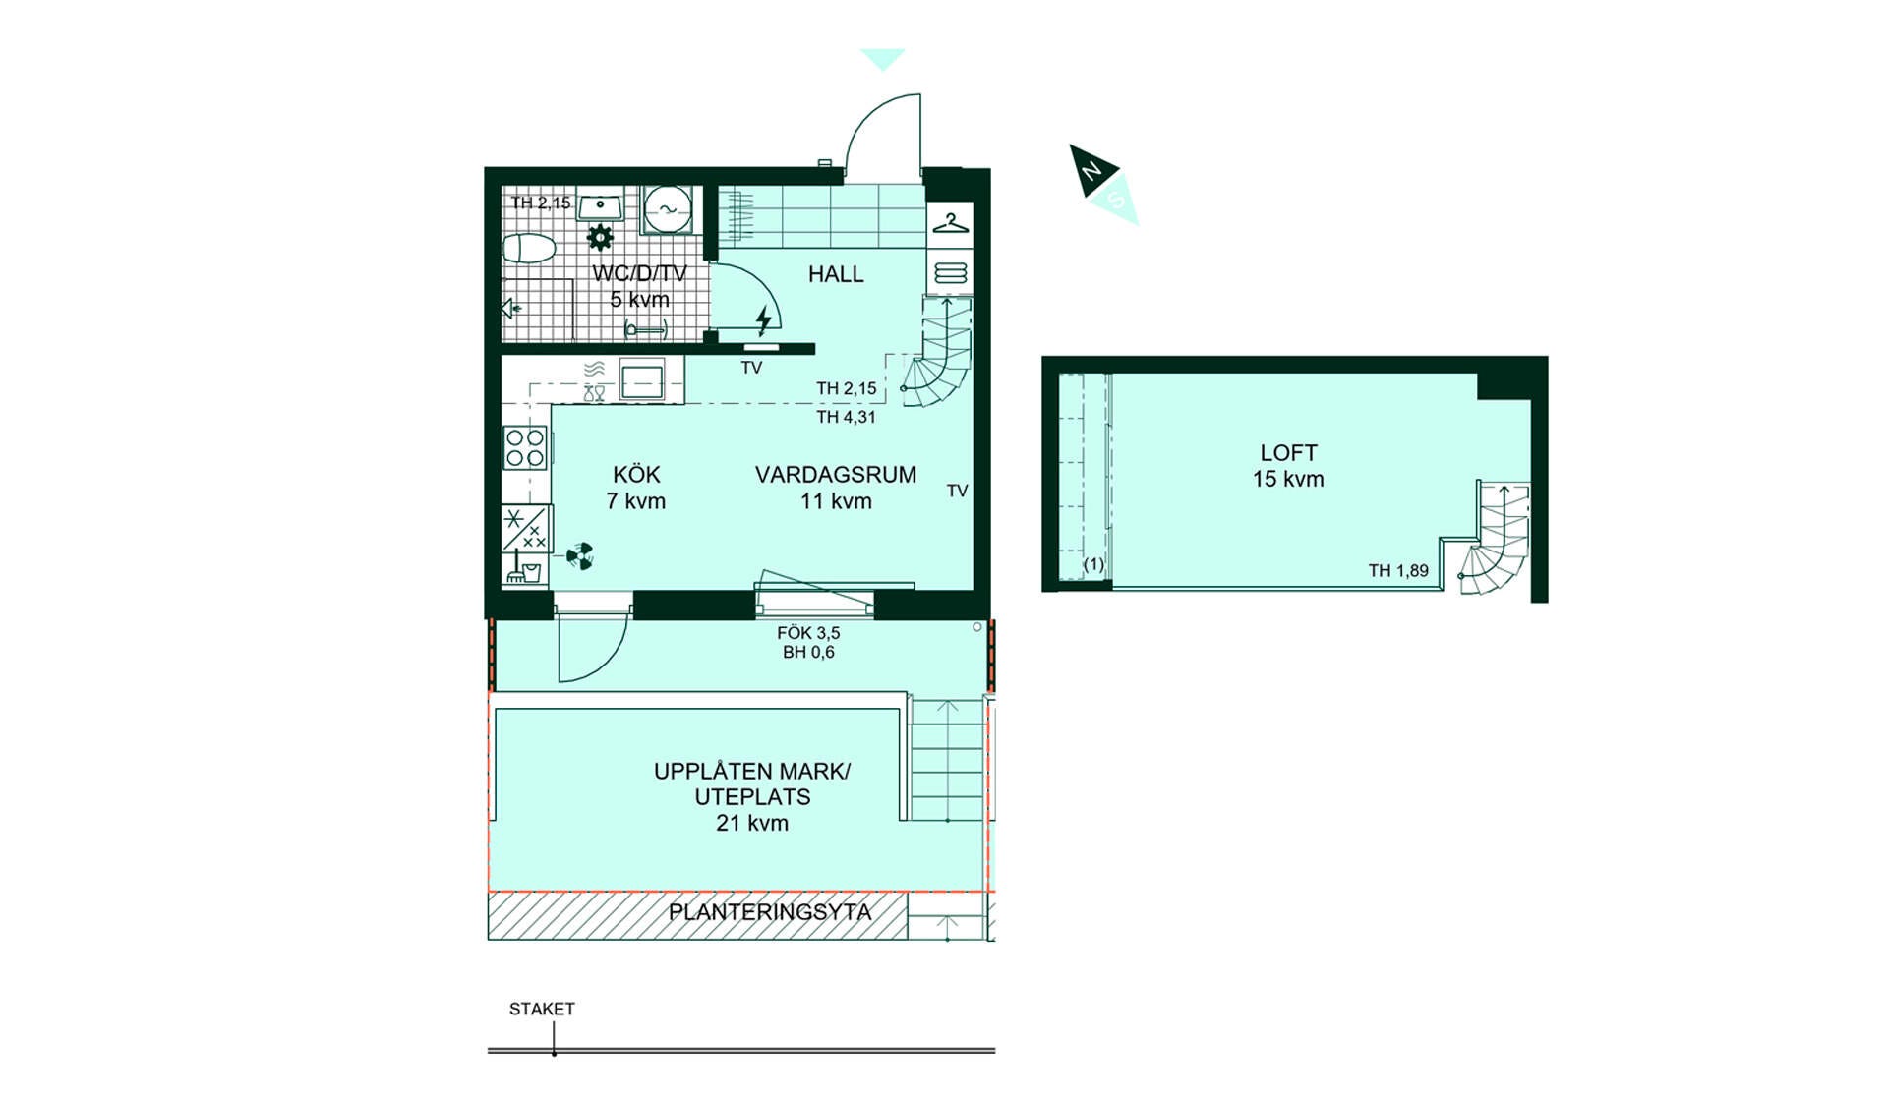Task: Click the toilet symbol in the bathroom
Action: point(529,248)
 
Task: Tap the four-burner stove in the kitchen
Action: point(525,447)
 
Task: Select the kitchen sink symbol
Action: point(641,379)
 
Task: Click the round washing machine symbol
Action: point(668,209)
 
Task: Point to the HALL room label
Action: point(836,274)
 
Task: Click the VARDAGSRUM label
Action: point(836,475)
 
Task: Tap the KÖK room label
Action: point(636,475)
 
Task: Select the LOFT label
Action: point(1288,453)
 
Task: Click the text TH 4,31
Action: point(846,417)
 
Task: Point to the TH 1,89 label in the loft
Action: point(1398,570)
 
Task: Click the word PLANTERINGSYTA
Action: point(770,912)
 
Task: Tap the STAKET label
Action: point(542,1009)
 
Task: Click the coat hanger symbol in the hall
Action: point(950,223)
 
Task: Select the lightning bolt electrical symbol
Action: point(764,319)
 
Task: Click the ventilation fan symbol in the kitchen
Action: point(580,556)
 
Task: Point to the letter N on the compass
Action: point(1091,172)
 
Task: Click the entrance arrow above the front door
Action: point(882,59)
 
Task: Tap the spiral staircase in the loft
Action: point(1493,541)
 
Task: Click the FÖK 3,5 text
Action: point(808,633)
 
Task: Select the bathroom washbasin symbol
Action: point(599,206)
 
